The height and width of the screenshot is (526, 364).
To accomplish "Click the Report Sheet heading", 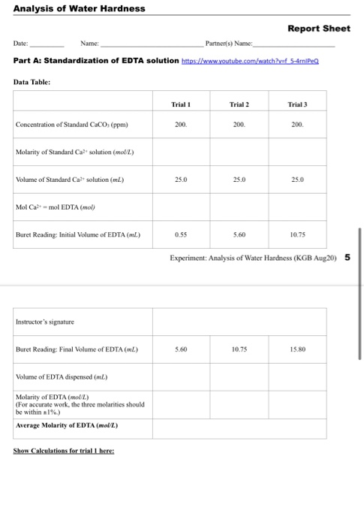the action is [319, 28].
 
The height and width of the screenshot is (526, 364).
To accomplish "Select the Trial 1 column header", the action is [181, 104].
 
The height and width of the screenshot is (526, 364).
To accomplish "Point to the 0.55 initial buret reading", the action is [181, 235].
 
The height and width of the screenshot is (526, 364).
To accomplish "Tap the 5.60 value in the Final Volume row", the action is [181, 349].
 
